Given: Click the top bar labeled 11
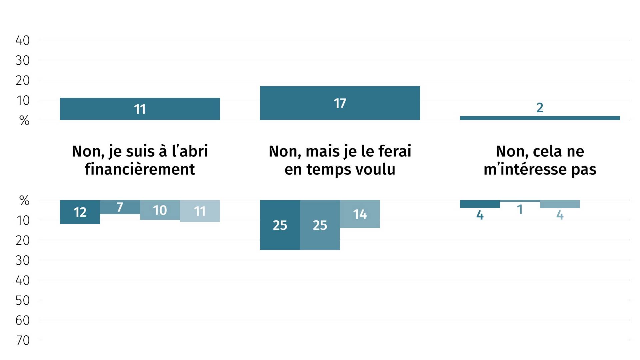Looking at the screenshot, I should click(x=140, y=109).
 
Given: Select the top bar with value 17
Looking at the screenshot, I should click(x=340, y=103).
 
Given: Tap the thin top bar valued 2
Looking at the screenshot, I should click(x=540, y=118).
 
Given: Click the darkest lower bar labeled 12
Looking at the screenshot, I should click(x=80, y=212).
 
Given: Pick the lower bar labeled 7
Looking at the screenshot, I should click(x=120, y=207).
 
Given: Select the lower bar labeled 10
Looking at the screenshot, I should click(x=160, y=210).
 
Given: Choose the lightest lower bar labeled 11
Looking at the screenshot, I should click(x=200, y=211).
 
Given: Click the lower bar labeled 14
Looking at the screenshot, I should click(x=360, y=214).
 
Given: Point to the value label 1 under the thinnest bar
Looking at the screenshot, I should click(x=520, y=210).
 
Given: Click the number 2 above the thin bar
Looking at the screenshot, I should click(x=540, y=108).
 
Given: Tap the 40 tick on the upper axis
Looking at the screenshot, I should click(x=23, y=40).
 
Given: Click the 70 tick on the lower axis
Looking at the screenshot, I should click(x=23, y=340).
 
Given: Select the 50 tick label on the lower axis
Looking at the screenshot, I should click(x=23, y=300).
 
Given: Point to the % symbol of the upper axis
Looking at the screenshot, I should click(x=24, y=120).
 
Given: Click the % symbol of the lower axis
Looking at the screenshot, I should click(x=24, y=200).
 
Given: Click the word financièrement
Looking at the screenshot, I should click(x=140, y=169).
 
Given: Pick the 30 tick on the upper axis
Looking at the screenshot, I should click(x=23, y=60).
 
